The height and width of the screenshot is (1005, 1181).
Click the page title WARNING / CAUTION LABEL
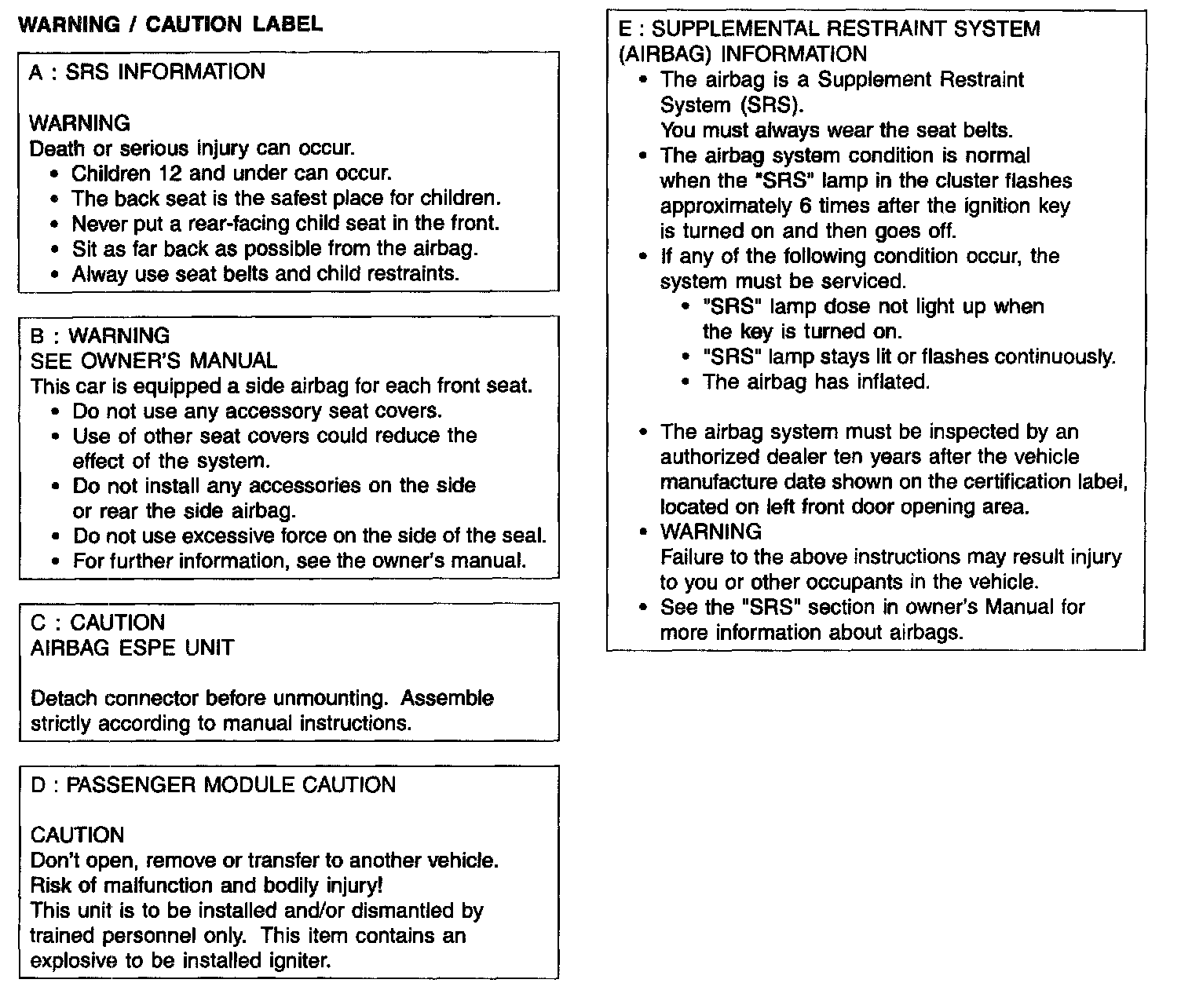click(x=170, y=24)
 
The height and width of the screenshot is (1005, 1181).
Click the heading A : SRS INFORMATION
click(x=147, y=72)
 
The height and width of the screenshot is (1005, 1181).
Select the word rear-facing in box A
click(x=240, y=224)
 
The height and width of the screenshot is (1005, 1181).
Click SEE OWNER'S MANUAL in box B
click(x=153, y=361)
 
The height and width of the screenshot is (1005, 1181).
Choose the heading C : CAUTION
click(x=97, y=623)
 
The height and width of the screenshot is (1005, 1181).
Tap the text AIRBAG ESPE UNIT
click(x=132, y=649)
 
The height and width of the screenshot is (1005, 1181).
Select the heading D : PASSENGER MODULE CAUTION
click(x=213, y=786)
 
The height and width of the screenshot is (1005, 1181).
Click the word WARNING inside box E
click(x=711, y=532)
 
